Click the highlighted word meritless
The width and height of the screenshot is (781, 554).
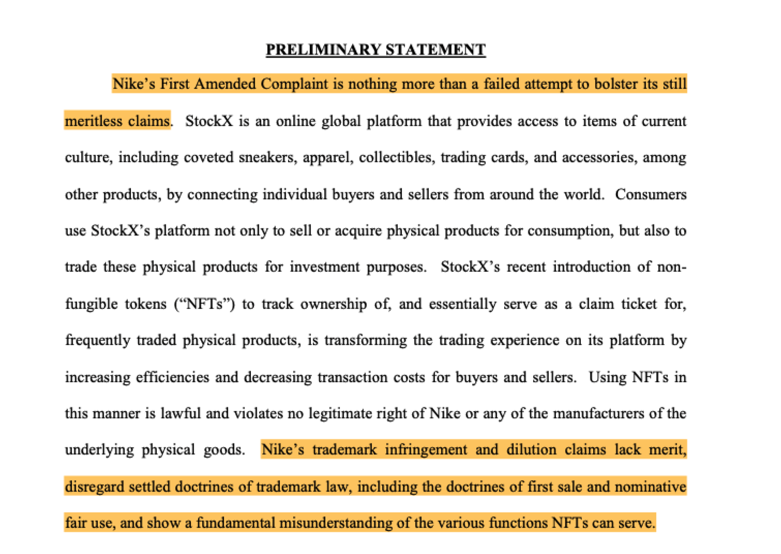tap(93, 120)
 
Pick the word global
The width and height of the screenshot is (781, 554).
tap(341, 120)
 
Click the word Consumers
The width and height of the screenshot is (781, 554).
tap(651, 194)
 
